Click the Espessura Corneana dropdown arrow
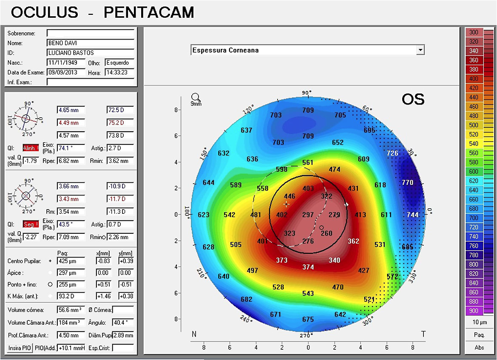(420, 50)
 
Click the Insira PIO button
(20, 348)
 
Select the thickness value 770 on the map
(407, 183)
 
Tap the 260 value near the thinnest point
(327, 233)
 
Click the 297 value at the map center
(308, 215)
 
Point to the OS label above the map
(412, 99)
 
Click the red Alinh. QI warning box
(31, 148)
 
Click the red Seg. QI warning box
(31, 224)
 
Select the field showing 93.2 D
(71, 296)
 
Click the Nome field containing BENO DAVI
(90, 43)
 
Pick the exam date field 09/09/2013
(66, 72)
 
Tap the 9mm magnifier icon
(196, 99)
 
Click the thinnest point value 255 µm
(71, 284)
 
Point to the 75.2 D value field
(120, 123)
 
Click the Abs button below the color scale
(479, 347)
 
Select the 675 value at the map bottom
(308, 320)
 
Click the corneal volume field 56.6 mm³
(71, 309)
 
